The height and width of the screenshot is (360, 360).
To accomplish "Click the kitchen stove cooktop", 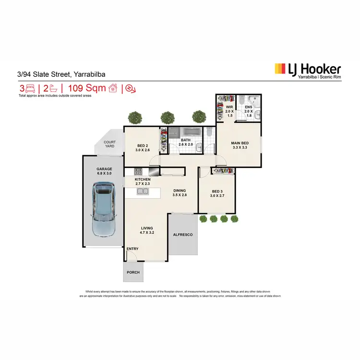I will [138, 171].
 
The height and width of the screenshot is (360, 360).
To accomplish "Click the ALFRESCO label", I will [182, 235].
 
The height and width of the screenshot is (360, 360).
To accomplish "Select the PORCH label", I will [133, 272].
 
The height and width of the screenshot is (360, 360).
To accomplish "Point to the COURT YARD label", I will [109, 144].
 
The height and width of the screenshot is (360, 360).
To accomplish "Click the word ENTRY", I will [132, 249].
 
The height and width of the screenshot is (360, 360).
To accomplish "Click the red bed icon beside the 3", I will [30, 88].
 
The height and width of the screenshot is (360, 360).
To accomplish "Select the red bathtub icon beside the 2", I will [54, 88].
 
